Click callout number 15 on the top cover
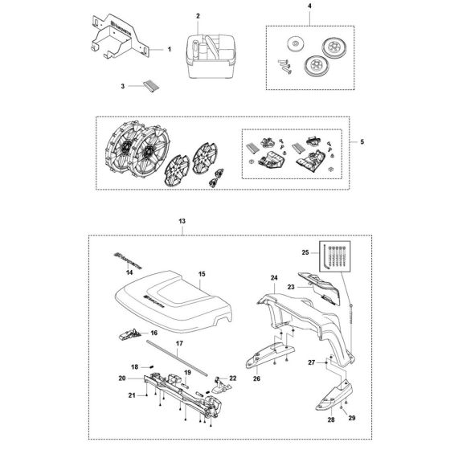[x=202, y=275]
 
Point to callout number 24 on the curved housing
[x=273, y=279]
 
